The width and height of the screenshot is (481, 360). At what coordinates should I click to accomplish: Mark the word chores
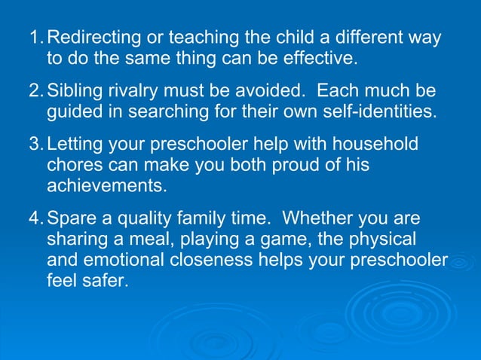pyautogui.click(x=76, y=165)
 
